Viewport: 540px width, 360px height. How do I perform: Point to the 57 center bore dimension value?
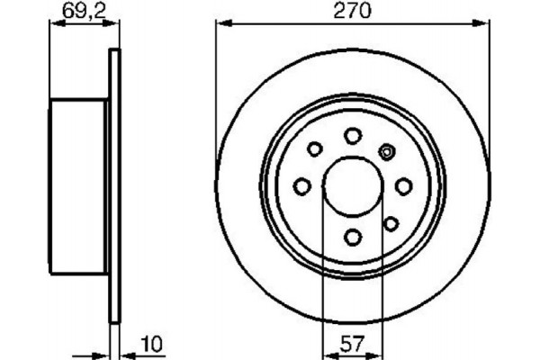click(353, 343)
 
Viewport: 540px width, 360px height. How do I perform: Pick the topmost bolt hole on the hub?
click(353, 135)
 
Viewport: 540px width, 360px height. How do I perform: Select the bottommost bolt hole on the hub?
click(353, 237)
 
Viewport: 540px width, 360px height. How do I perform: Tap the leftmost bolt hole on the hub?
click(302, 185)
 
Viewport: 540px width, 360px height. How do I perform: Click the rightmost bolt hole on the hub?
click(404, 185)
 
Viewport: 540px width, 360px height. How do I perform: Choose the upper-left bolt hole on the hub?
click(315, 149)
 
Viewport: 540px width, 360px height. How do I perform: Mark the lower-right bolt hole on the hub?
click(391, 222)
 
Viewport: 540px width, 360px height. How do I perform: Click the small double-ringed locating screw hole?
click(388, 150)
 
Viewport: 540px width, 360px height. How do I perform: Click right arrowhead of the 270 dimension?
click(483, 24)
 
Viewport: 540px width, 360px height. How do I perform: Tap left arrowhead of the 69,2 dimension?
click(52, 24)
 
